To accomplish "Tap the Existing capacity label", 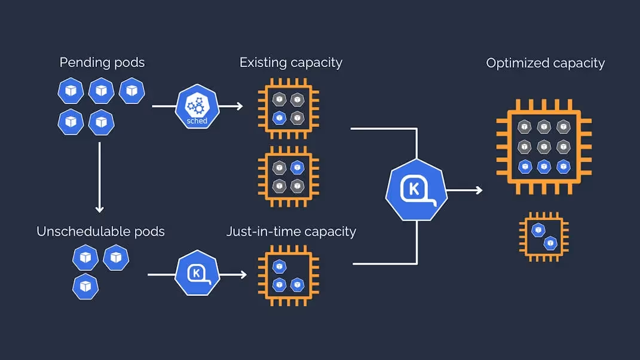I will pyautogui.click(x=290, y=62).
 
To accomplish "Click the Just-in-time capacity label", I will pyautogui.click(x=291, y=231).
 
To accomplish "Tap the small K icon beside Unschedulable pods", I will pyautogui.click(x=196, y=274).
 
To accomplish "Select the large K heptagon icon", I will pyautogui.click(x=417, y=190).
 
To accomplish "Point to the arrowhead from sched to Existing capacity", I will pyautogui.click(x=238, y=106).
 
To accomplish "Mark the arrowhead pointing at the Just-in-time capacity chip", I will pyautogui.click(x=242, y=274).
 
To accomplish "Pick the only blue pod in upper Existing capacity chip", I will pyautogui.click(x=278, y=118).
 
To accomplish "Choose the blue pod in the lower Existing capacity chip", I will pyautogui.click(x=297, y=167).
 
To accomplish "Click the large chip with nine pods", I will pyautogui.click(x=543, y=146).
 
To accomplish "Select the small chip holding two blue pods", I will pyautogui.click(x=544, y=236).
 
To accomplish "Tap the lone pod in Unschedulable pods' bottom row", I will pyautogui.click(x=85, y=286).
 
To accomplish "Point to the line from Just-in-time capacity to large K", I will pyautogui.click(x=385, y=264).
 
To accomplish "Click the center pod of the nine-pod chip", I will pyautogui.click(x=544, y=146).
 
